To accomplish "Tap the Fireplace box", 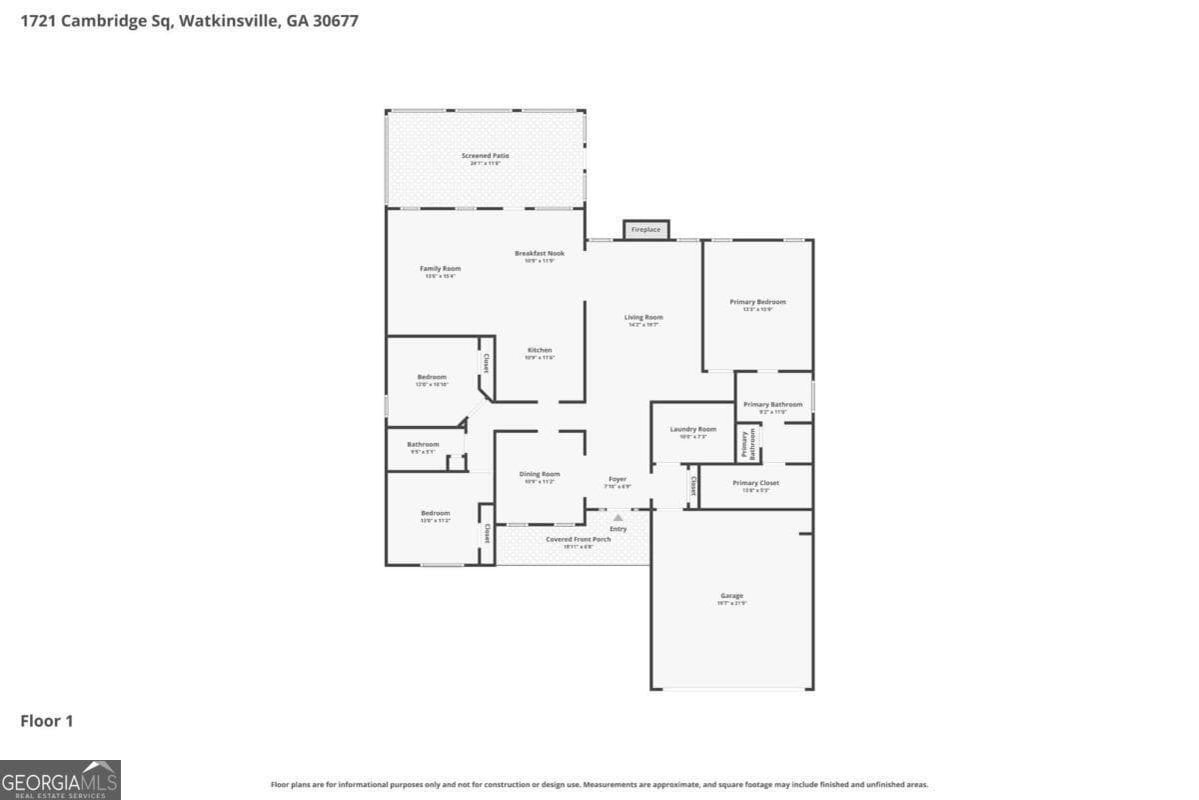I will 645,230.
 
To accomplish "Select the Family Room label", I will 440,269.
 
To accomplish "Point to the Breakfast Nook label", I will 540,254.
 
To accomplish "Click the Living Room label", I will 644,318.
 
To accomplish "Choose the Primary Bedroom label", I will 757,302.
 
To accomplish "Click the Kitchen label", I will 540,351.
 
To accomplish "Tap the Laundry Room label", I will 692,430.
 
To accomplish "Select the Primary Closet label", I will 755,484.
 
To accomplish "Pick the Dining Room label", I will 540,475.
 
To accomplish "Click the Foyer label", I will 617,480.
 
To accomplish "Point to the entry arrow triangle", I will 617,517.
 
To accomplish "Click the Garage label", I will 731,597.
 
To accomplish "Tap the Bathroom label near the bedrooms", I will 423,445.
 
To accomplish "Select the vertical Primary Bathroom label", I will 745,443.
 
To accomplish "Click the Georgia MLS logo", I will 60,779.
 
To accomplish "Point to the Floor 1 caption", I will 47,720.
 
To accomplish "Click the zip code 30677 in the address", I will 332,21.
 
